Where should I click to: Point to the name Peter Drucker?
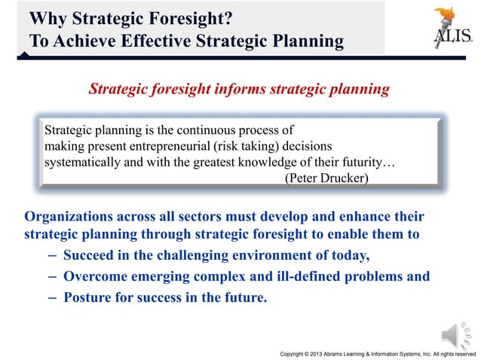click(x=326, y=177)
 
